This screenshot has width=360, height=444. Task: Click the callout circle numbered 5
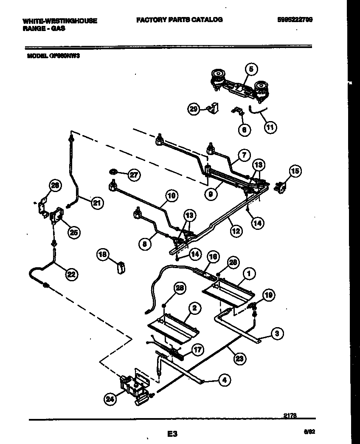tap(250, 68)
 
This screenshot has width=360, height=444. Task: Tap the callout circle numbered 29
tap(194, 109)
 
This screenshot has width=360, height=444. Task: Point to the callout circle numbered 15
tap(295, 171)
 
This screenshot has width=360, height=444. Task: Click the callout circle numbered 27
tap(134, 175)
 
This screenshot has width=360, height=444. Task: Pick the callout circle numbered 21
tap(97, 203)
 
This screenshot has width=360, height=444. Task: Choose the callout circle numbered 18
tap(102, 255)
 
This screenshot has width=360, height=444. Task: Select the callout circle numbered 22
tap(72, 275)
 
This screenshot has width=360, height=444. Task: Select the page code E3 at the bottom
tap(172, 434)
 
